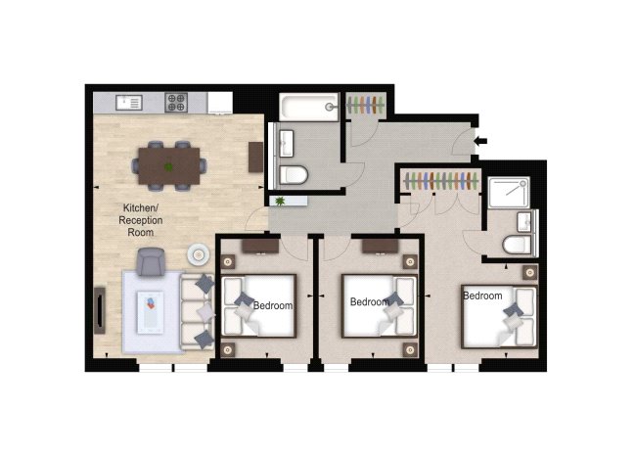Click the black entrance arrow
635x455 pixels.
[x=480, y=141]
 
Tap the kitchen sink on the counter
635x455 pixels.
[x=129, y=103]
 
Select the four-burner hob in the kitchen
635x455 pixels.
[x=176, y=102]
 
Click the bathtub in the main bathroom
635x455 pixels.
[x=309, y=107]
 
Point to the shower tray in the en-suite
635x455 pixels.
[x=509, y=193]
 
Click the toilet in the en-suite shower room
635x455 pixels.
[x=518, y=245]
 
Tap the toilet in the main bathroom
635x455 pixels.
[x=294, y=174]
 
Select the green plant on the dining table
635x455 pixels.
[x=168, y=166]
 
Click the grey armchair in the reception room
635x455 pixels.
[x=151, y=261]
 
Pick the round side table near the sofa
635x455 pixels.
[x=198, y=254]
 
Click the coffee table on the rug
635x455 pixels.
[x=151, y=312]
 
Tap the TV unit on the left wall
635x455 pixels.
[x=100, y=310]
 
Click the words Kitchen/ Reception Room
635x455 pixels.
[x=141, y=220]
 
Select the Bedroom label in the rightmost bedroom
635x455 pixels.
[x=482, y=296]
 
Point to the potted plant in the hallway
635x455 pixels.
[x=280, y=201]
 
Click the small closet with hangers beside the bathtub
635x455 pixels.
[x=365, y=105]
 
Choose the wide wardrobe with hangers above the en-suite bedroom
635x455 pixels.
[x=440, y=180]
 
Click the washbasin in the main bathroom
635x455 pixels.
[x=287, y=143]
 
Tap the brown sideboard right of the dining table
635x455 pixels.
[x=256, y=157]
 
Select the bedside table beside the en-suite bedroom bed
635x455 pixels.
[x=529, y=273]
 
